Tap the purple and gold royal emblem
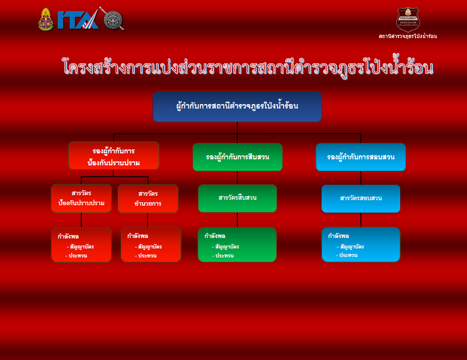point(46,19)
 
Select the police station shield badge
point(408,19)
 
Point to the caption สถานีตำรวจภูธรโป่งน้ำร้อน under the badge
point(408,36)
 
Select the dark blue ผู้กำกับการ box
point(237,107)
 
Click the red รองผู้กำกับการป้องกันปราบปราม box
point(114,156)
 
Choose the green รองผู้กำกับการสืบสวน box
point(237,157)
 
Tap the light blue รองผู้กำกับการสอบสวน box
point(361,157)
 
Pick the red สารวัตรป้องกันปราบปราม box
point(81,198)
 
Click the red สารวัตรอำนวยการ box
point(148,199)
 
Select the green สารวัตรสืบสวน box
point(237,199)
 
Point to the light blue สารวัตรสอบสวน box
point(361,199)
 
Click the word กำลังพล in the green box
point(215,236)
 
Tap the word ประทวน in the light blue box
point(348,255)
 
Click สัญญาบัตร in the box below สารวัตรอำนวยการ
point(150,247)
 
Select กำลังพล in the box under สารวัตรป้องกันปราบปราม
point(68,237)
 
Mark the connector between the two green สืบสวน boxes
point(237,178)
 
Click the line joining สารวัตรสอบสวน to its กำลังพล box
point(361,220)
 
